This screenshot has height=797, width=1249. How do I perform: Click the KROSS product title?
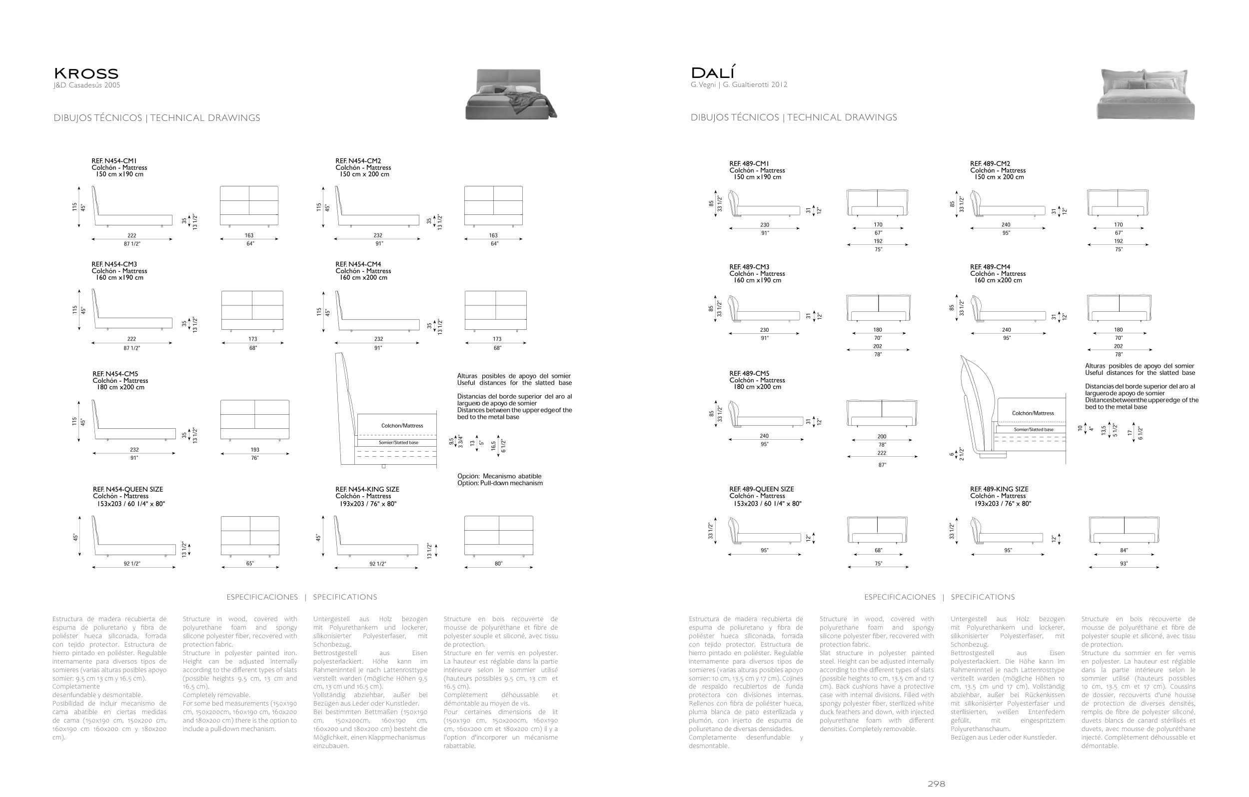86,73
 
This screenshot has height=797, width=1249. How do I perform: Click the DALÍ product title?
713,72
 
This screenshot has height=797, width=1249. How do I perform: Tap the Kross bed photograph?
510,94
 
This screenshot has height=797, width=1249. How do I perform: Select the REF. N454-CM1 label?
114,161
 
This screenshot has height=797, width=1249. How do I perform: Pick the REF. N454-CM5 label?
115,374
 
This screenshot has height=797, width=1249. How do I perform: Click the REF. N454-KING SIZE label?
367,490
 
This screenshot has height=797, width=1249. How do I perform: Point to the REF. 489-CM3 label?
749,267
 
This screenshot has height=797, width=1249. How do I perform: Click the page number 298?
936,784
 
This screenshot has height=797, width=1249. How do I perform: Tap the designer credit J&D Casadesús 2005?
86,85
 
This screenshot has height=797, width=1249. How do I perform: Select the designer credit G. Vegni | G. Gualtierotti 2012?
739,85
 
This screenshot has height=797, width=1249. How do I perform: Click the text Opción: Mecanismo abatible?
499,477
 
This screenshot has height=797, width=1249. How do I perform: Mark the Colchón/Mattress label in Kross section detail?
402,426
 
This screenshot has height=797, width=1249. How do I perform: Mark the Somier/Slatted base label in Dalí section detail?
1034,430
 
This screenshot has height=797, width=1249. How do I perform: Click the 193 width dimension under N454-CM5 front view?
255,450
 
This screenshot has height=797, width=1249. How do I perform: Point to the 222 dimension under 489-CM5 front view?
882,453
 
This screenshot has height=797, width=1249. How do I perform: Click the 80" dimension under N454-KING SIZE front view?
498,564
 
